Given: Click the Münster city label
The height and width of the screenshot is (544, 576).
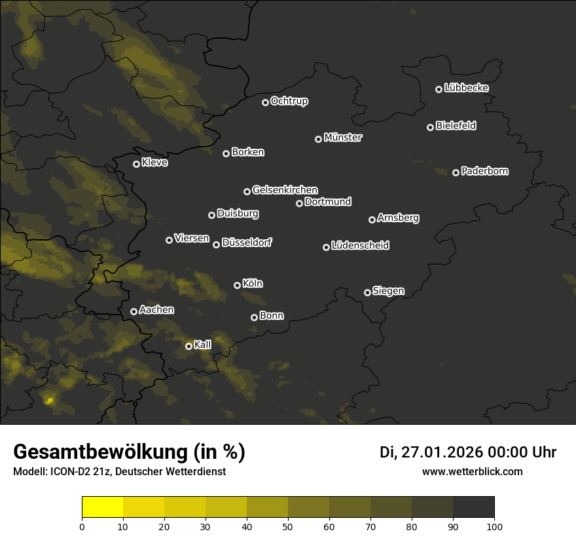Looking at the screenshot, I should click(x=343, y=138).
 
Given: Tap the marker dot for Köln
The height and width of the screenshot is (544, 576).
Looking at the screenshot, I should click(x=237, y=285).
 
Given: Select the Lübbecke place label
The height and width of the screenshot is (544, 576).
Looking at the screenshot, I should click(x=466, y=88).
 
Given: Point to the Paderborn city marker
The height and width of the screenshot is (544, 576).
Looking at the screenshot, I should click(x=456, y=172).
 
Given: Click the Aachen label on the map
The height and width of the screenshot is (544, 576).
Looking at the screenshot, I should click(x=156, y=309).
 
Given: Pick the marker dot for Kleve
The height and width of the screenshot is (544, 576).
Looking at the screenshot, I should click(x=136, y=164).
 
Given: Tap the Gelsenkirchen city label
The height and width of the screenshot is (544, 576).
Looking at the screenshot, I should click(x=285, y=190).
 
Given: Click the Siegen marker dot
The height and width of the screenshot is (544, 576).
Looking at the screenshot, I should click(x=367, y=292).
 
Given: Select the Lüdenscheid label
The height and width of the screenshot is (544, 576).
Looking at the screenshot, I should click(x=360, y=246).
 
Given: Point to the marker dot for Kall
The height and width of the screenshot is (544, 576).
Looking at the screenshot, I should click(x=189, y=346).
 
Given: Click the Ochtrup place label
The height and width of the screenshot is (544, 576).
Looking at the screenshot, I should click(x=289, y=101).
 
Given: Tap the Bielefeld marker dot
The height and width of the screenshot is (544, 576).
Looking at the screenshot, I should click(x=430, y=127).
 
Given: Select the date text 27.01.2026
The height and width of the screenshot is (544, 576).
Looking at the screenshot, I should click(x=441, y=452).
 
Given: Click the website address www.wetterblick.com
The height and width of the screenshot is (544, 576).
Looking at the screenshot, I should click(x=472, y=471).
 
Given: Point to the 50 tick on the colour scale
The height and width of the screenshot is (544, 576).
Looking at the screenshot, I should click(x=288, y=526).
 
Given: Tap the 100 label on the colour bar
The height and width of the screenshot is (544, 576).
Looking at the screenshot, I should click(x=494, y=526).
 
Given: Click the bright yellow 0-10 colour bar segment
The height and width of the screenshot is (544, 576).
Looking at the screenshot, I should click(x=102, y=507).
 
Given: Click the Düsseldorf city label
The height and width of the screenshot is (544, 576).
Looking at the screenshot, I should click(x=247, y=243).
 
